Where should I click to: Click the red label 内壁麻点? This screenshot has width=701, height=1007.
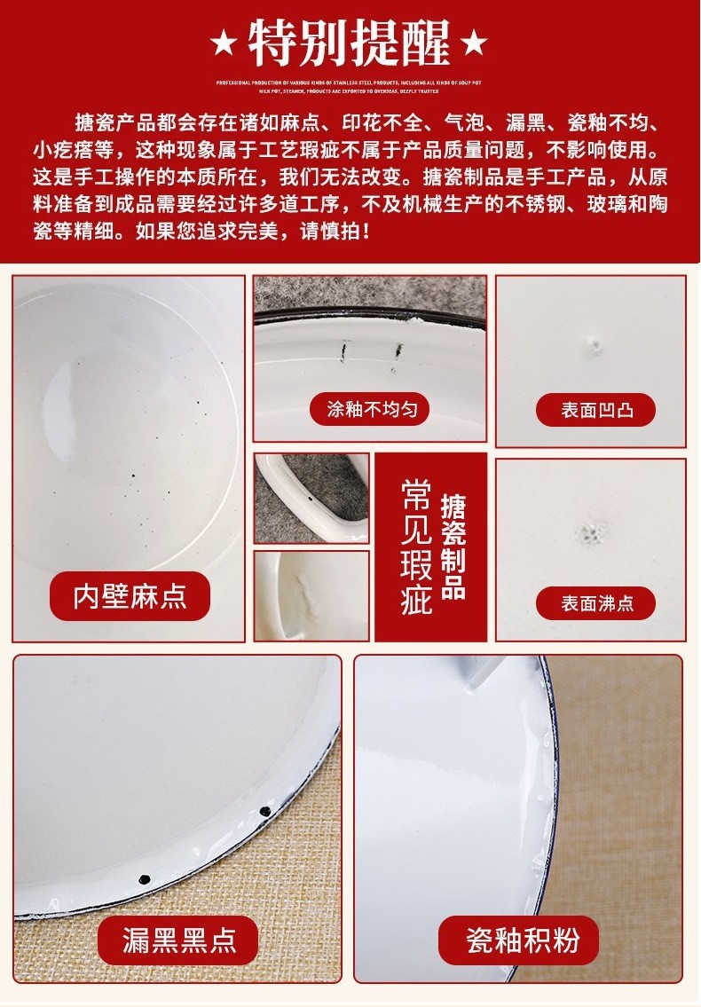[130, 595]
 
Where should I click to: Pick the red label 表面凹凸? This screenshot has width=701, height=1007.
[595, 411]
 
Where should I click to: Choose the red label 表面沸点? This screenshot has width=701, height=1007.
[595, 603]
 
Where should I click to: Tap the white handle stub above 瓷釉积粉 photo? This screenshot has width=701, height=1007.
[479, 673]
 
